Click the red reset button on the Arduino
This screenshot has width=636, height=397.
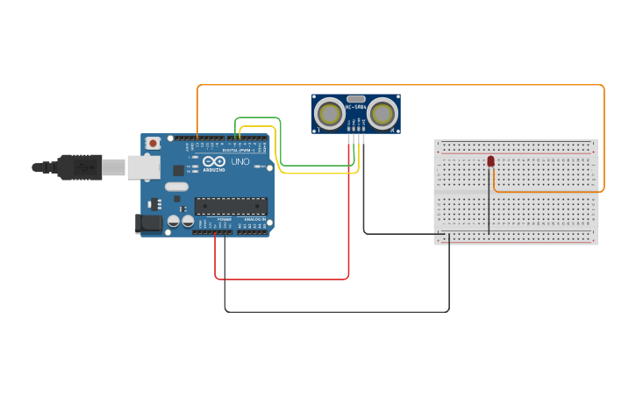coord(154,143)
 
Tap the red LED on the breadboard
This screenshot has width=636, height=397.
coord(490,161)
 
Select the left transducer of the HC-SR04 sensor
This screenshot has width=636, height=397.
coord(330,112)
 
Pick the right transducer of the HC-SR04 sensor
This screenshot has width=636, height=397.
coord(382,112)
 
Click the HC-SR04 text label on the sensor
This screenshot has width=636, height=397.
coord(356,108)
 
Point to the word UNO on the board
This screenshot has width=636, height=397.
coord(239,162)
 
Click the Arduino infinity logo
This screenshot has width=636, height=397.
coord(214,161)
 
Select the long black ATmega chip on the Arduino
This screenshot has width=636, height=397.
coord(231,206)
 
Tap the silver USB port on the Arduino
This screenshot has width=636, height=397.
coord(143,167)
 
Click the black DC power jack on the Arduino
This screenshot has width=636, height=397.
coord(150,223)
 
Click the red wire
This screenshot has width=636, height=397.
coord(281,280)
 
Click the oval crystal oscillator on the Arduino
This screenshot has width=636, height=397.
coord(176,186)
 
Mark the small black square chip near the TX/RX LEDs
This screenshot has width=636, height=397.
coord(179,170)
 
